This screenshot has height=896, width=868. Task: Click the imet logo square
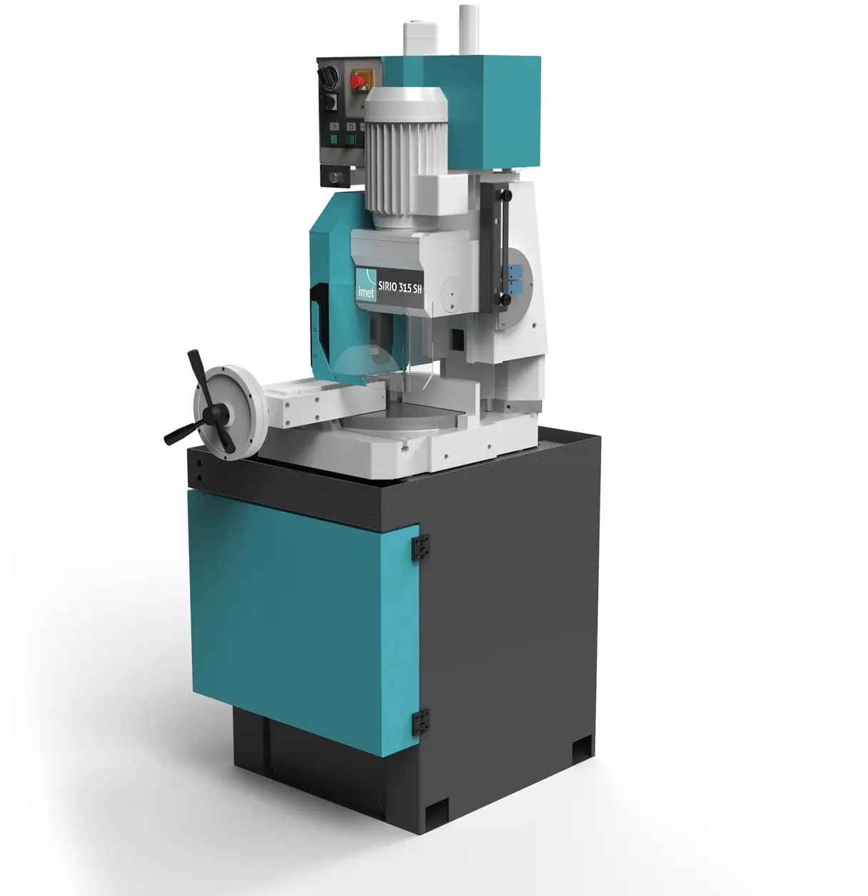pyautogui.click(x=366, y=285)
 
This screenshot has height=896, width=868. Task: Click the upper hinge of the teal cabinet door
pyautogui.click(x=420, y=546)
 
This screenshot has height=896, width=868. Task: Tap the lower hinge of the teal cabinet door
pyautogui.click(x=420, y=721)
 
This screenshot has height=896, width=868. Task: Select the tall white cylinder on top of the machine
pyautogui.click(x=468, y=29)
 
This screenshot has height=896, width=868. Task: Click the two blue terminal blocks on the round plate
pyautogui.click(x=514, y=278)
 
